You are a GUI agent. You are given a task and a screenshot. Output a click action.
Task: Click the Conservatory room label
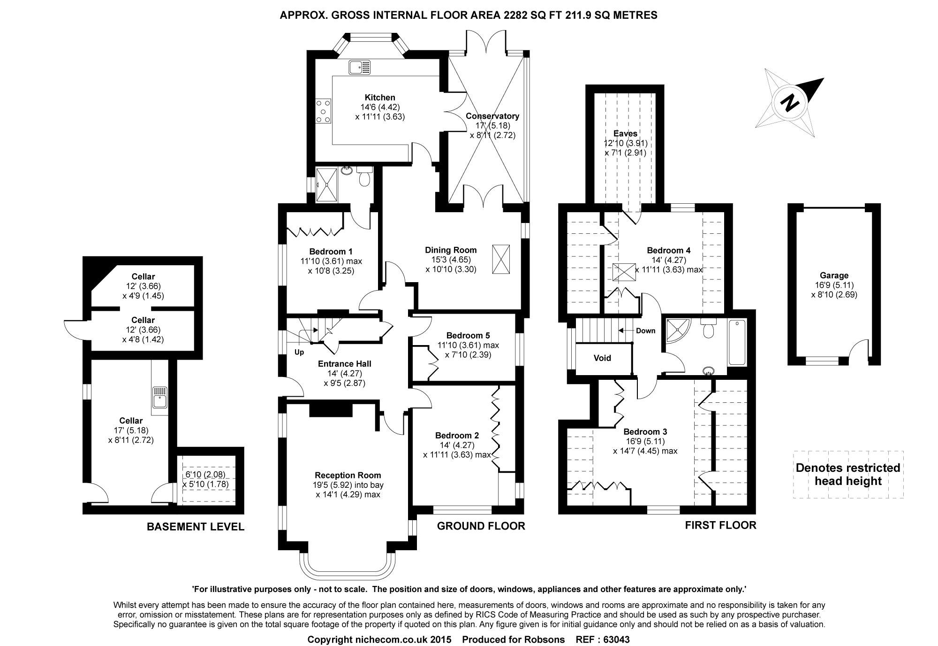point(492,116)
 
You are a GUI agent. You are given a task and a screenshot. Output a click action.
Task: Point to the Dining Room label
point(451,250)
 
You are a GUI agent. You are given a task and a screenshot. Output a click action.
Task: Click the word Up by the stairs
point(299,352)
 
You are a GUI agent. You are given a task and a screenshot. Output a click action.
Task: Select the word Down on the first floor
point(645,331)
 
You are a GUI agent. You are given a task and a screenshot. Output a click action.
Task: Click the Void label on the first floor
point(602,358)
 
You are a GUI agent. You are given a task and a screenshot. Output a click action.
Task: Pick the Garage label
point(834,276)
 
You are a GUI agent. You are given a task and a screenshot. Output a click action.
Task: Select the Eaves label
point(626,133)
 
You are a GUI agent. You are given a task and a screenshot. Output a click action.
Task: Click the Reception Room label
point(348,475)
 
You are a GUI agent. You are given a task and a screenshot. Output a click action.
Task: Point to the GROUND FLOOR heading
point(481,526)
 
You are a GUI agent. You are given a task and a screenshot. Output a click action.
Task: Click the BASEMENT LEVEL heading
point(196,527)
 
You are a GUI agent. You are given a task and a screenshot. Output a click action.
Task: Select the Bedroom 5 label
point(468,335)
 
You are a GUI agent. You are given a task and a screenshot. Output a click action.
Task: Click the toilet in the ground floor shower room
point(364,177)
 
